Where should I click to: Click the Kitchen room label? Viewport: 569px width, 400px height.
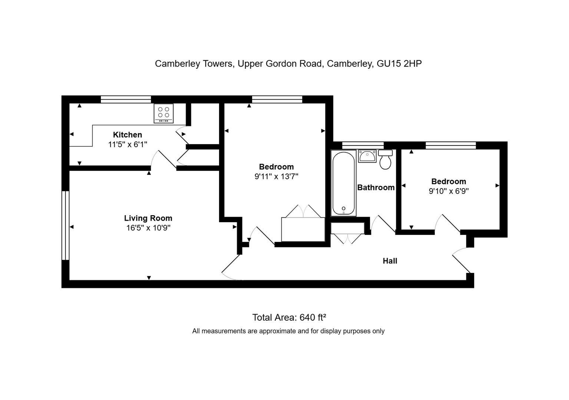128,134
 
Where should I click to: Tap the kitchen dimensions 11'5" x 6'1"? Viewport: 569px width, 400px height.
128,144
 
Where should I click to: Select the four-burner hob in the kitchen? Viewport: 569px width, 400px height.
163,113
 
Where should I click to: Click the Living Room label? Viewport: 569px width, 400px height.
148,218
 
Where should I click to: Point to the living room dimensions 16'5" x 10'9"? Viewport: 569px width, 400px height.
148,228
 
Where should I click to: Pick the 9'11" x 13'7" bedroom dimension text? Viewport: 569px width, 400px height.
277,176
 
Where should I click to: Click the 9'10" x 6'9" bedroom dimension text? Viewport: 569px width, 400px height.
449,191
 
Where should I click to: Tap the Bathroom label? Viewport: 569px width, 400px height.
376,187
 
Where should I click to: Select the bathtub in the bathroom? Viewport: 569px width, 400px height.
343,183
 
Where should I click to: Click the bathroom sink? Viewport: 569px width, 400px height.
367,156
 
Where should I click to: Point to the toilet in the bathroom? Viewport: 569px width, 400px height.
386,159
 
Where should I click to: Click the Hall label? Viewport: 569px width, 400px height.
390,261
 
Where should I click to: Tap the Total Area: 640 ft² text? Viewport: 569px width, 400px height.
289,317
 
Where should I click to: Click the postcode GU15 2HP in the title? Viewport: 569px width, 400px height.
399,63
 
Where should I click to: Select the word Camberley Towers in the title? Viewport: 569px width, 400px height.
194,63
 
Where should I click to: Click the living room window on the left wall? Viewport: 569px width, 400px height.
66,226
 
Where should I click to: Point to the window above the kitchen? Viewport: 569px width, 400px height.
126,100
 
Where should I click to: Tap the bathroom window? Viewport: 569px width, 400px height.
363,146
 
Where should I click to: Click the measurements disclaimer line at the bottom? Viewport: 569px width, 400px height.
288,331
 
